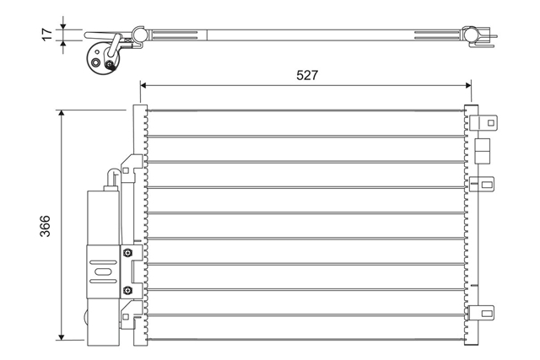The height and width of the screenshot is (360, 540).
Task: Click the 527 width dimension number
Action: point(307,75)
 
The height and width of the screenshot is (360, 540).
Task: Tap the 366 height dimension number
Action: point(45,226)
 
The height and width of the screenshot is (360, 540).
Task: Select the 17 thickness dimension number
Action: point(47,35)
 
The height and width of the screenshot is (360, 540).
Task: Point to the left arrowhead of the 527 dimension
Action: point(143,85)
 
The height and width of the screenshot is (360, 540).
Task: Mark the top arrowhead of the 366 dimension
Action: point(62,114)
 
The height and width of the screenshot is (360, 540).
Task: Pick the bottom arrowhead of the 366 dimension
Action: point(62,336)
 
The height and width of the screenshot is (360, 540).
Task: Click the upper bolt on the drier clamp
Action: point(127,253)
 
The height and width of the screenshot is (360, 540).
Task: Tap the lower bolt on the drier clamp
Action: point(127,291)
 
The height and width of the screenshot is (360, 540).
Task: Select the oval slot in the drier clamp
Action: point(102,271)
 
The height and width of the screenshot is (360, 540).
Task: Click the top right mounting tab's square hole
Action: point(490,122)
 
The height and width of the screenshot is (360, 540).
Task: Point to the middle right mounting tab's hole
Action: point(487,185)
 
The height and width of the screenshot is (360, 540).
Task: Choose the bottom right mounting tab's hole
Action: point(487,313)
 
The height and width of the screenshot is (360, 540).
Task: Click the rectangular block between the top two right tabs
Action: point(482,151)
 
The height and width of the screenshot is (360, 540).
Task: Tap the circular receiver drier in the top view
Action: point(103,58)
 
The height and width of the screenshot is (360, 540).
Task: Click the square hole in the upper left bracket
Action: point(126,170)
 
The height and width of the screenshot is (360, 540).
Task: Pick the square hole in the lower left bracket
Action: point(126,317)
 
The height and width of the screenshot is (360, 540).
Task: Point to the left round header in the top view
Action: point(139,34)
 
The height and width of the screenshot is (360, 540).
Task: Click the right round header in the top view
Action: point(469,35)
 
